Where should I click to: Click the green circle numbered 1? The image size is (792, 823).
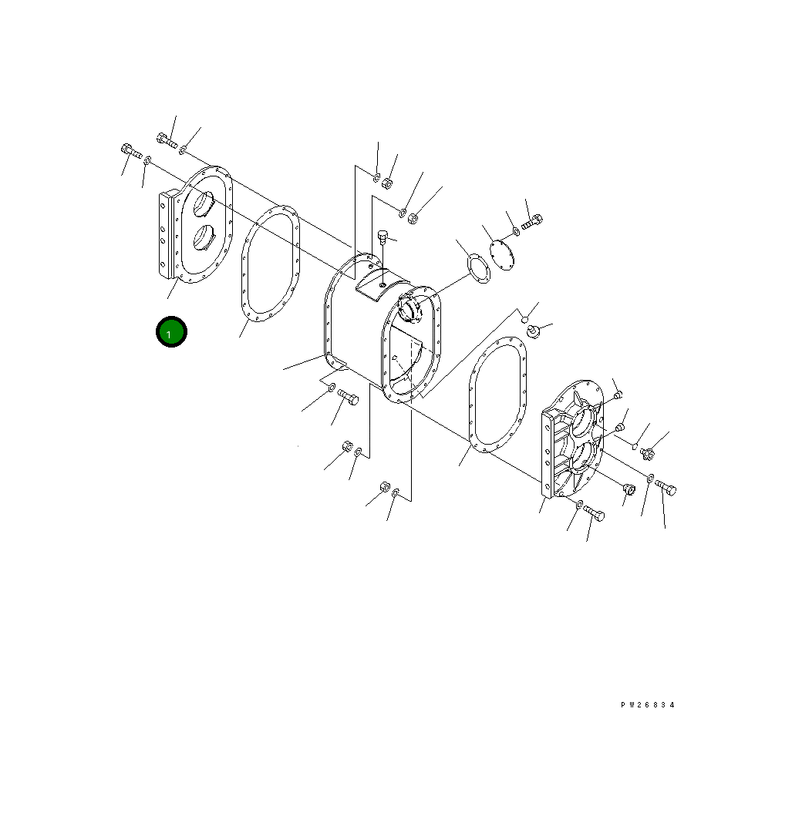coord(171,331)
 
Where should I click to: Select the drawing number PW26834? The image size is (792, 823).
coord(647,705)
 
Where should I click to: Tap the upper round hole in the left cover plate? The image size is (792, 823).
coord(204,203)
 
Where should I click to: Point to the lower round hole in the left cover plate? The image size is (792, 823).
coord(204,237)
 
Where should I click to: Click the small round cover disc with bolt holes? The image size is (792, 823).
coord(501,255)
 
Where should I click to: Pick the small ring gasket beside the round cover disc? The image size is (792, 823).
coord(478,268)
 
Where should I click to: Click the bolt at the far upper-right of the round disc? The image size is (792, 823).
coord(532,221)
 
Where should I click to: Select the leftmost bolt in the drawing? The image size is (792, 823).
coord(131,152)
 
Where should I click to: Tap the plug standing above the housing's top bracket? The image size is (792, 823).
coord(383,237)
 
